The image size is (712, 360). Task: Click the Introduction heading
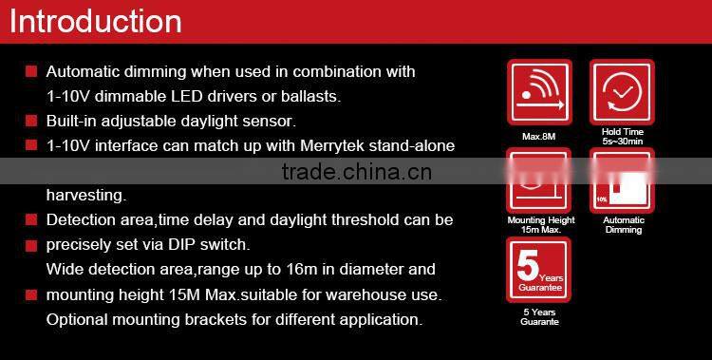95,21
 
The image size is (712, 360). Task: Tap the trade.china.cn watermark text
357,172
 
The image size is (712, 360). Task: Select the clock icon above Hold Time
623,92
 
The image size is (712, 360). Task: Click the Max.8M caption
538,136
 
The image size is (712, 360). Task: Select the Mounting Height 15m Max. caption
538,225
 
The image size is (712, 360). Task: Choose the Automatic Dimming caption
623,225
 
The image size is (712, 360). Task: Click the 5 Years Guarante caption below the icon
538,317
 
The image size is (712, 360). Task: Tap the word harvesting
85,196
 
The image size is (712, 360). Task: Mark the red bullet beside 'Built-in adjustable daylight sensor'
31,122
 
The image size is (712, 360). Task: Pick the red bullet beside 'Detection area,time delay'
31,220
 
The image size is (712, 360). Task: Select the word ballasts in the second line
309,96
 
